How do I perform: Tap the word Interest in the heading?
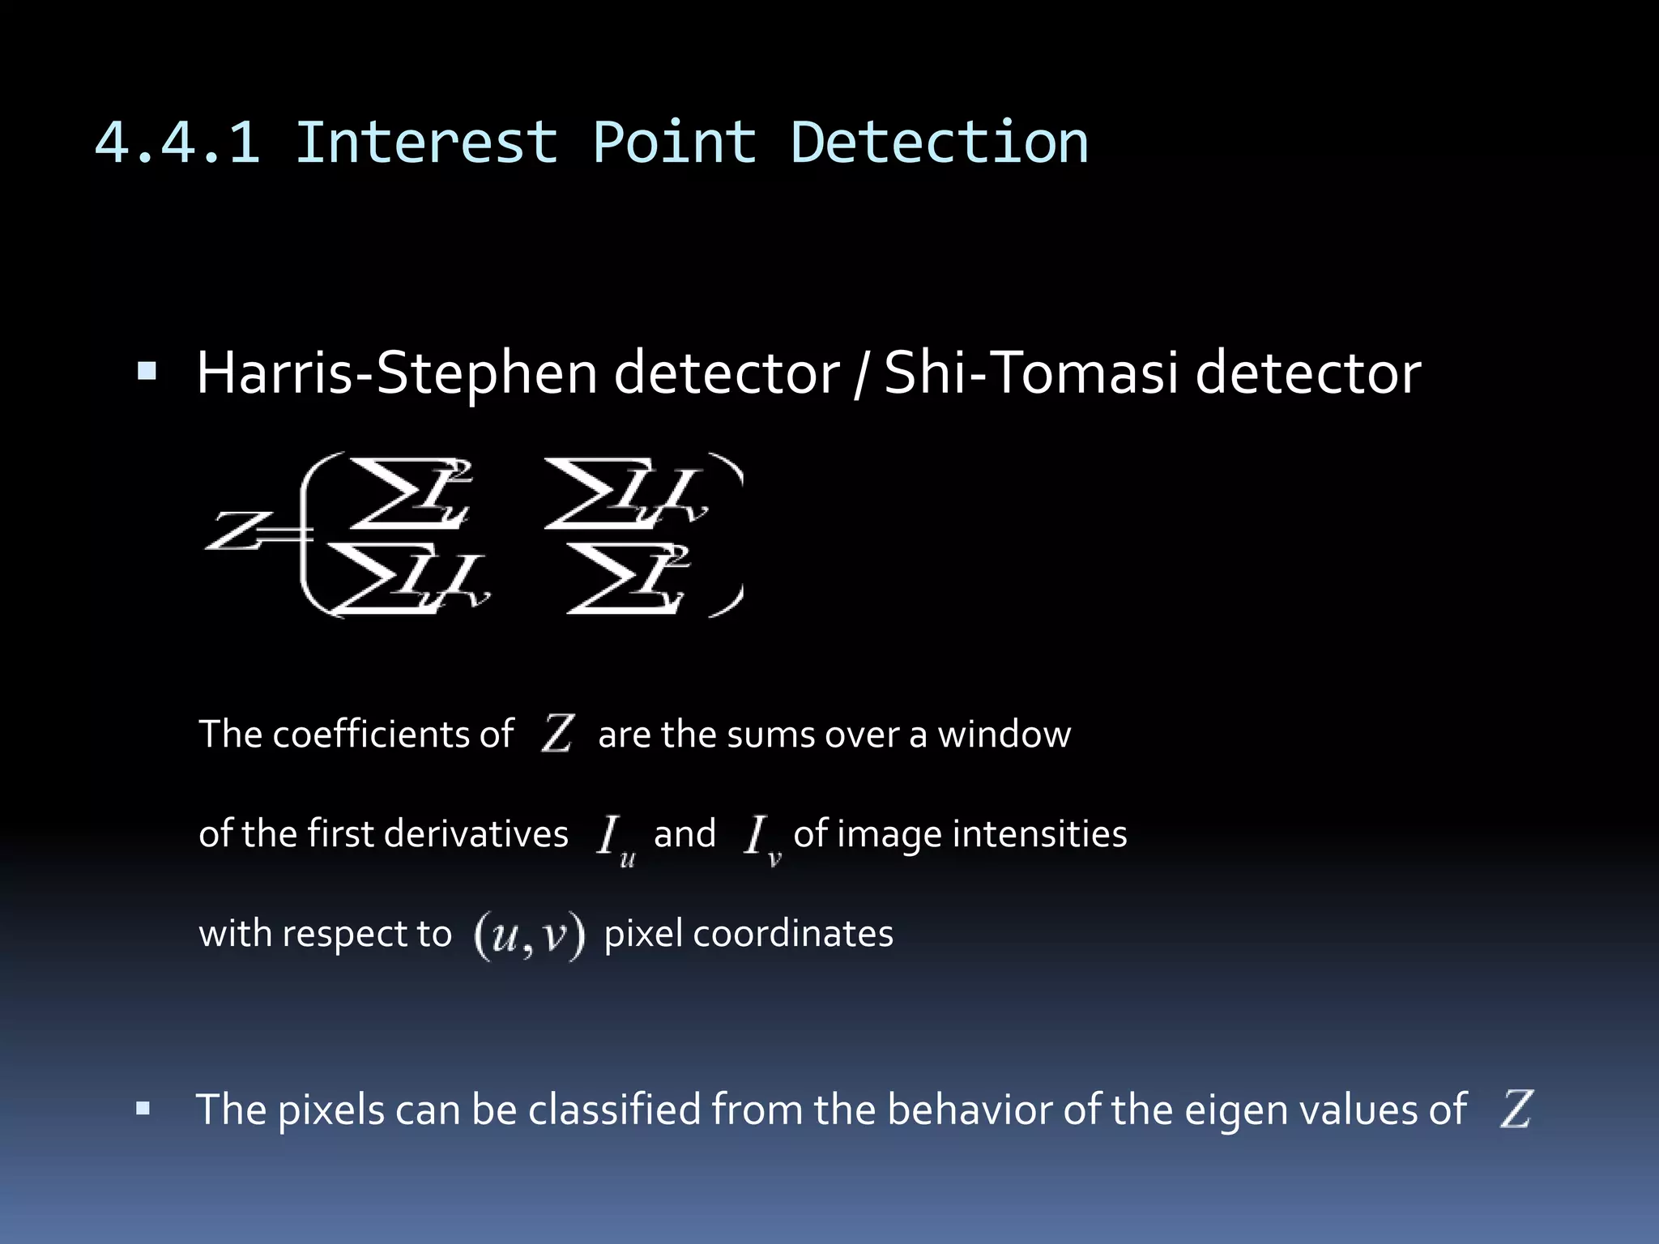pyautogui.click(x=427, y=143)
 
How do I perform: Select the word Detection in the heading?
pyautogui.click(x=939, y=143)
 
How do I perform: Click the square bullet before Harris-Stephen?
pyautogui.click(x=147, y=372)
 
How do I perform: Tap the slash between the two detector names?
pyautogui.click(x=861, y=375)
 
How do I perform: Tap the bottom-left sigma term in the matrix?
pyautogui.click(x=405, y=578)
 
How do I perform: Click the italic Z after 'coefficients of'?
pyautogui.click(x=558, y=733)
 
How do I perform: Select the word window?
pyautogui.click(x=1004, y=735)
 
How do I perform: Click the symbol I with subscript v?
pyautogui.click(x=761, y=839)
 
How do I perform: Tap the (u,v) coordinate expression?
pyautogui.click(x=528, y=935)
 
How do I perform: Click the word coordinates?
pyautogui.click(x=793, y=934)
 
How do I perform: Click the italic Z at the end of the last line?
pyautogui.click(x=1516, y=1109)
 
